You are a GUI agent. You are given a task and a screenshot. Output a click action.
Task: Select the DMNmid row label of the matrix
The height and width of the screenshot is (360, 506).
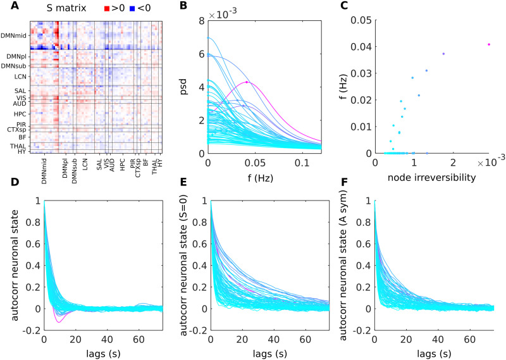click(16, 35)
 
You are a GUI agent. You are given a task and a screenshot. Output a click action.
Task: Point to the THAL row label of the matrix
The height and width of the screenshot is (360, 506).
click(19, 145)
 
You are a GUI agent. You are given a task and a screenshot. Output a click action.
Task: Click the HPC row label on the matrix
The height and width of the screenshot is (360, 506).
click(20, 113)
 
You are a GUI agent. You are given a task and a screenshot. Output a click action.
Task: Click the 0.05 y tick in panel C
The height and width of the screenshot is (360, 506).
click(362, 21)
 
